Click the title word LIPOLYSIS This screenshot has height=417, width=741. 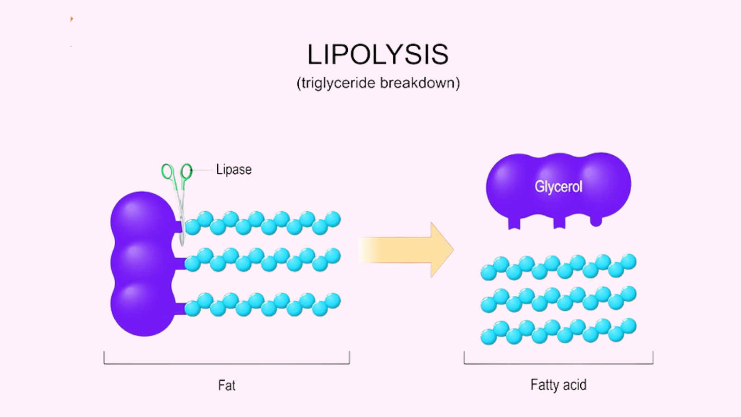tap(377, 55)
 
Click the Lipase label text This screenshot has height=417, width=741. tap(234, 170)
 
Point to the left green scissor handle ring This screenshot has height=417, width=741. tap(167, 171)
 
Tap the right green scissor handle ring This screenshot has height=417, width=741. tap(186, 171)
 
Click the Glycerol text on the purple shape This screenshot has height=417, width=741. tap(558, 187)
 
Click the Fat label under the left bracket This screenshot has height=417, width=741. tap(226, 385)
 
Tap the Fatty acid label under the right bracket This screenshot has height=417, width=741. tap(558, 385)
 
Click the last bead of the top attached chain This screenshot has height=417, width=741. tap(333, 219)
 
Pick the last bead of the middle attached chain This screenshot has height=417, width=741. tap(333, 256)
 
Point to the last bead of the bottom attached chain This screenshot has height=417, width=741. tap(333, 301)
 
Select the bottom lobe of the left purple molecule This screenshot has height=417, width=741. tap(142, 306)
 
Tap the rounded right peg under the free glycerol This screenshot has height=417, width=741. tap(596, 221)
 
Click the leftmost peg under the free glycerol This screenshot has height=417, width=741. tap(514, 223)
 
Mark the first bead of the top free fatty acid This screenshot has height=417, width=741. tap(489, 273)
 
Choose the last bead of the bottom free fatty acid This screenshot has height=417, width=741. tap(628, 326)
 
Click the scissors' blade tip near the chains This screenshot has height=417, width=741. tap(182, 243)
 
